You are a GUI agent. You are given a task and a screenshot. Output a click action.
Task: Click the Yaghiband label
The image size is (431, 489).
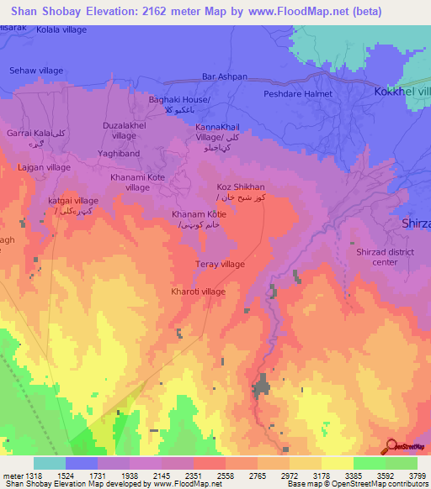(x=118, y=154)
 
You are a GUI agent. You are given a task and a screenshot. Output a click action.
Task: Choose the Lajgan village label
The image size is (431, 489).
(x=44, y=167)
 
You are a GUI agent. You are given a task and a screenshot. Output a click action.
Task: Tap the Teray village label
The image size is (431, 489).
(x=221, y=264)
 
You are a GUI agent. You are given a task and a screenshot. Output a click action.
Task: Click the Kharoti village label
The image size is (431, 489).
(x=198, y=291)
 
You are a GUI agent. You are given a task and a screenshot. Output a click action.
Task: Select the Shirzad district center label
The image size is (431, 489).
(x=372, y=256)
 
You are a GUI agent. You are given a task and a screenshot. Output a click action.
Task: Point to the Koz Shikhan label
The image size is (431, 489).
(x=241, y=187)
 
